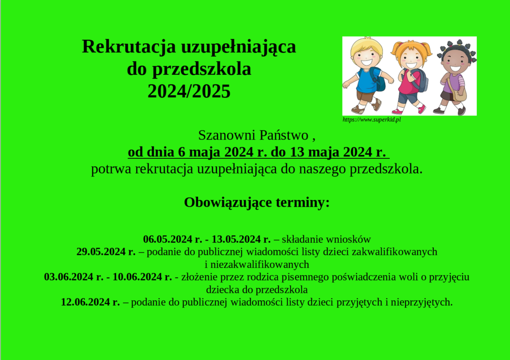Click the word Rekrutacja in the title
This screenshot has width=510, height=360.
coord(129,47)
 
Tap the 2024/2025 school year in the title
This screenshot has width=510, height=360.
coord(189,91)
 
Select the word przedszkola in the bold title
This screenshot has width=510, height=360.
coord(202,69)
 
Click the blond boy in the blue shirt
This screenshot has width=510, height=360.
coord(367,75)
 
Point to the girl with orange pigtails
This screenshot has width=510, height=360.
coord(411,77)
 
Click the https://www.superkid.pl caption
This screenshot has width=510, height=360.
coord(372,120)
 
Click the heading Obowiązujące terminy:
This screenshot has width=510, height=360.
coord(257,203)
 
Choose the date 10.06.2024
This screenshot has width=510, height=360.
coord(137,277)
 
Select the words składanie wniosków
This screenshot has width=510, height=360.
coord(326,240)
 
